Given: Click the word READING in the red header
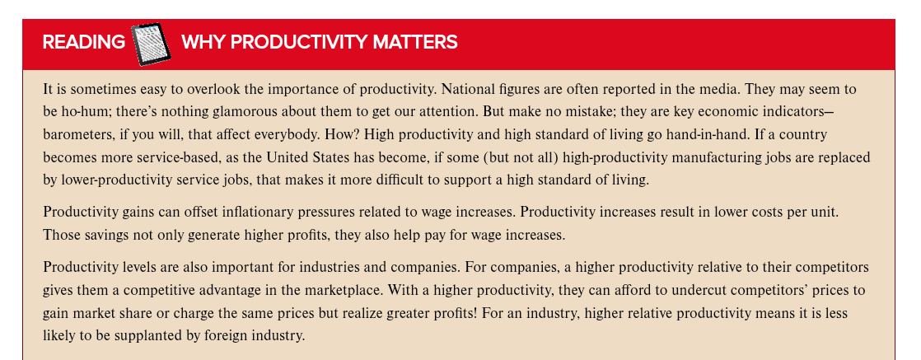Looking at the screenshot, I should coord(83,42).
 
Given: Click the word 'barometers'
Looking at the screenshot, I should coord(77,133).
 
